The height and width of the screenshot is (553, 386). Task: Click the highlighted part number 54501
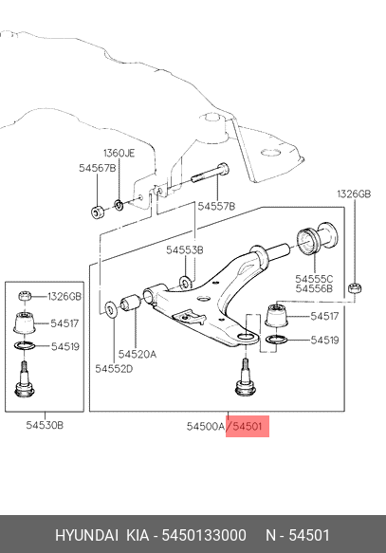pos(248,427)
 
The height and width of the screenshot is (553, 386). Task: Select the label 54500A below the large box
pos(206,427)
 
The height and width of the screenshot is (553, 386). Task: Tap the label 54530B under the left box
pos(45,425)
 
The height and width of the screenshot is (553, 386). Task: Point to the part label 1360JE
pos(119,154)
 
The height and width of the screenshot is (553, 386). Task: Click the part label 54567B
pos(98,168)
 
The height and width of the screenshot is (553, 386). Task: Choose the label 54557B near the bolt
pos(216,206)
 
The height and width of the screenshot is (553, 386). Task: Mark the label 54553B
pos(185,250)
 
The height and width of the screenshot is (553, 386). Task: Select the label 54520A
pos(138,354)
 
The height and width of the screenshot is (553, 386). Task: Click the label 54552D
pos(114,369)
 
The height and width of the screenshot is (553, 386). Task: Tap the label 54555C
pos(314,279)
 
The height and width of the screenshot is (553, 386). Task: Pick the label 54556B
pos(314,288)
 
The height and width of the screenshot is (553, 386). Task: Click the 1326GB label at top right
pos(354,194)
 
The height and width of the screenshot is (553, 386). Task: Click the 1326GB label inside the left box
pos(64,296)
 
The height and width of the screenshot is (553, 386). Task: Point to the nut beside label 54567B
pos(97,212)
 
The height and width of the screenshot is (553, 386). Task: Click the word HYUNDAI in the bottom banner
pos(86,535)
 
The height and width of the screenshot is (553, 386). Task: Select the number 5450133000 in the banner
pos(204,535)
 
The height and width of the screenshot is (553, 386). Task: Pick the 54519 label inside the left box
pos(65,346)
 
